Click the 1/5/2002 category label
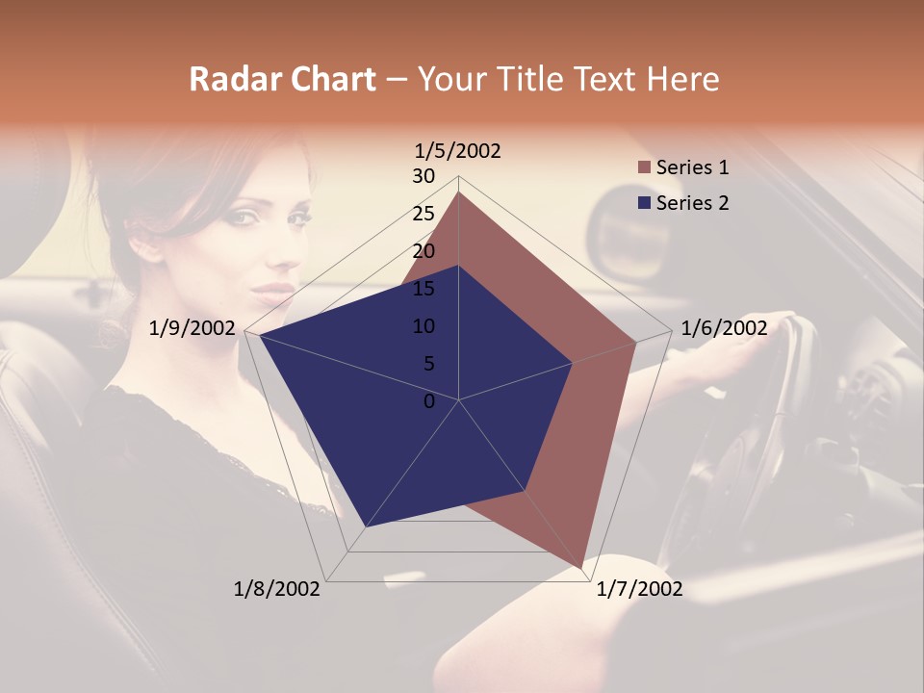point(457,151)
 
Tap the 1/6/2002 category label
point(724,328)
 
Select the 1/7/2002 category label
point(639,589)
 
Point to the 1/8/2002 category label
point(277,589)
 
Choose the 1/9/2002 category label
point(192,328)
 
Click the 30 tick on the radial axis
point(423,176)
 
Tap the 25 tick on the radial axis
point(423,214)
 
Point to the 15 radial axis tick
point(423,289)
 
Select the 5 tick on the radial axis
point(428,364)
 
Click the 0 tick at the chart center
point(429,401)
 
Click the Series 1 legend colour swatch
point(644,168)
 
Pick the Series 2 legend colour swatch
point(644,203)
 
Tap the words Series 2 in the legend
point(692,203)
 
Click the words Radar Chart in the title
point(282,79)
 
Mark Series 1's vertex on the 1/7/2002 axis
point(582,568)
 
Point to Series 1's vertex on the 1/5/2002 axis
point(459,192)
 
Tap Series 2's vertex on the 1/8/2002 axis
point(366,526)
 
